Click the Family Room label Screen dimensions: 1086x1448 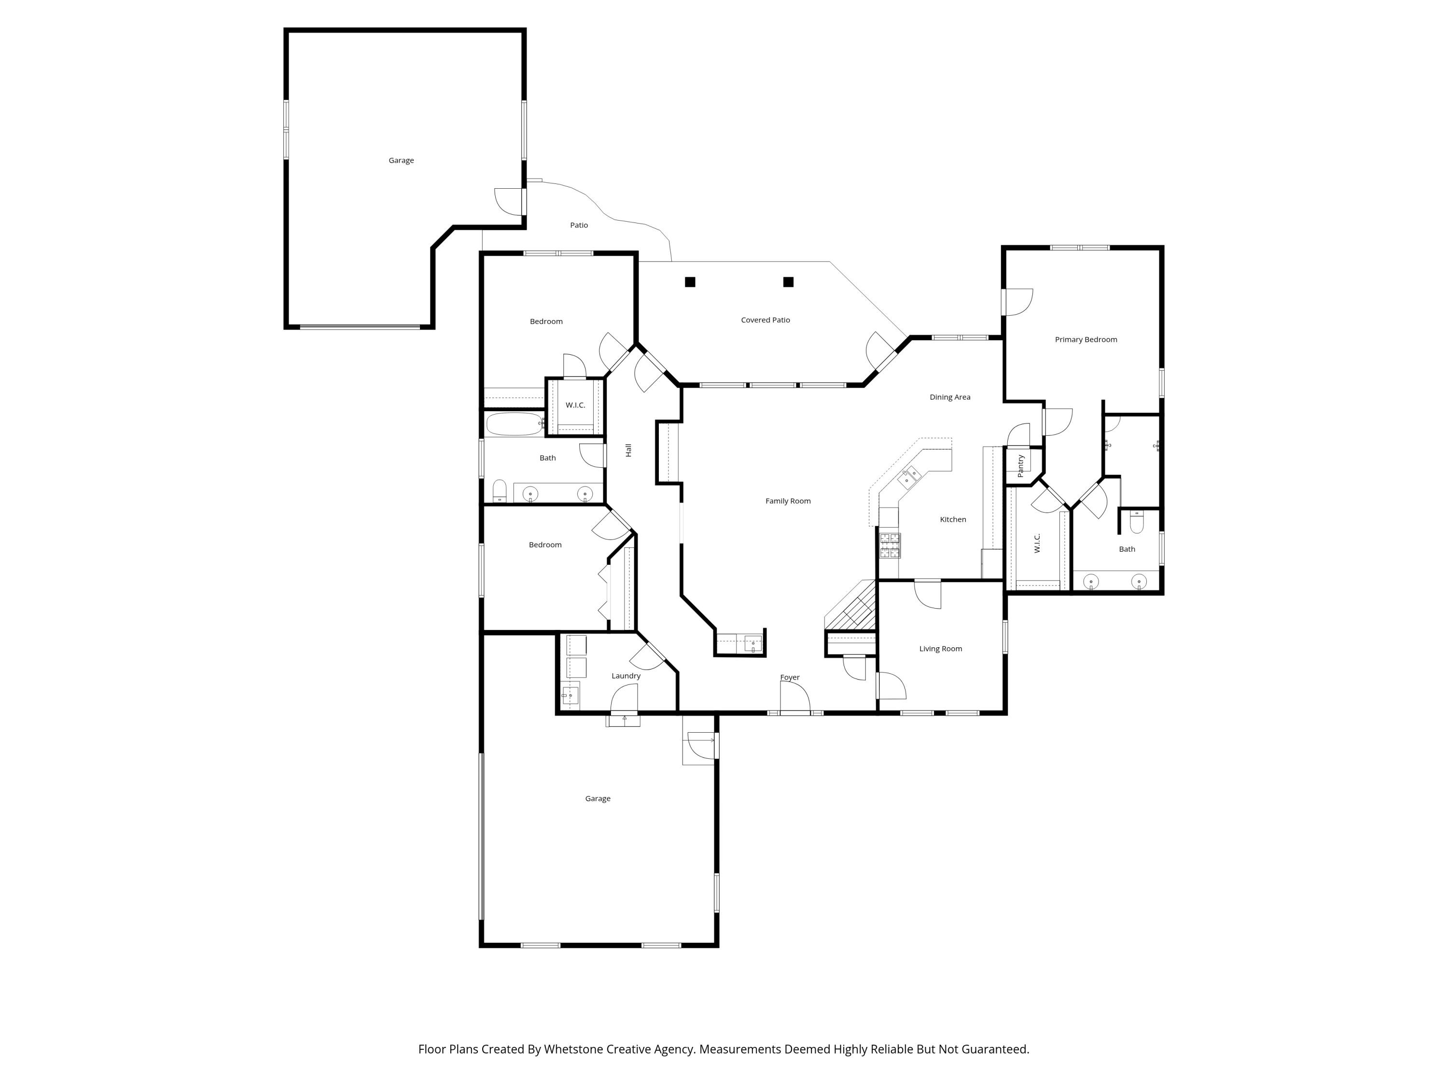click(x=788, y=501)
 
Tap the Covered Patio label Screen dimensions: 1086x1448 click(x=765, y=320)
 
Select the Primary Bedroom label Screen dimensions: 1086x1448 click(x=1086, y=339)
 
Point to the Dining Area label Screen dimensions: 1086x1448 click(x=949, y=397)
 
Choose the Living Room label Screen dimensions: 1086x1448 click(x=940, y=649)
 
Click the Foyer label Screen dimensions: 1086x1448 click(x=790, y=678)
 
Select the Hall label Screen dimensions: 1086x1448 click(x=628, y=450)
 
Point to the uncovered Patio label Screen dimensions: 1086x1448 click(x=579, y=225)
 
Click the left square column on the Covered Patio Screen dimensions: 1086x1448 click(x=690, y=282)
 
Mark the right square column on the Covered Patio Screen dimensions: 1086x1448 click(x=788, y=282)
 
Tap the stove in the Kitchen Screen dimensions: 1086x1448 click(x=890, y=545)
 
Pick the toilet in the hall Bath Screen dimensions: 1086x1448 click(x=500, y=490)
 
